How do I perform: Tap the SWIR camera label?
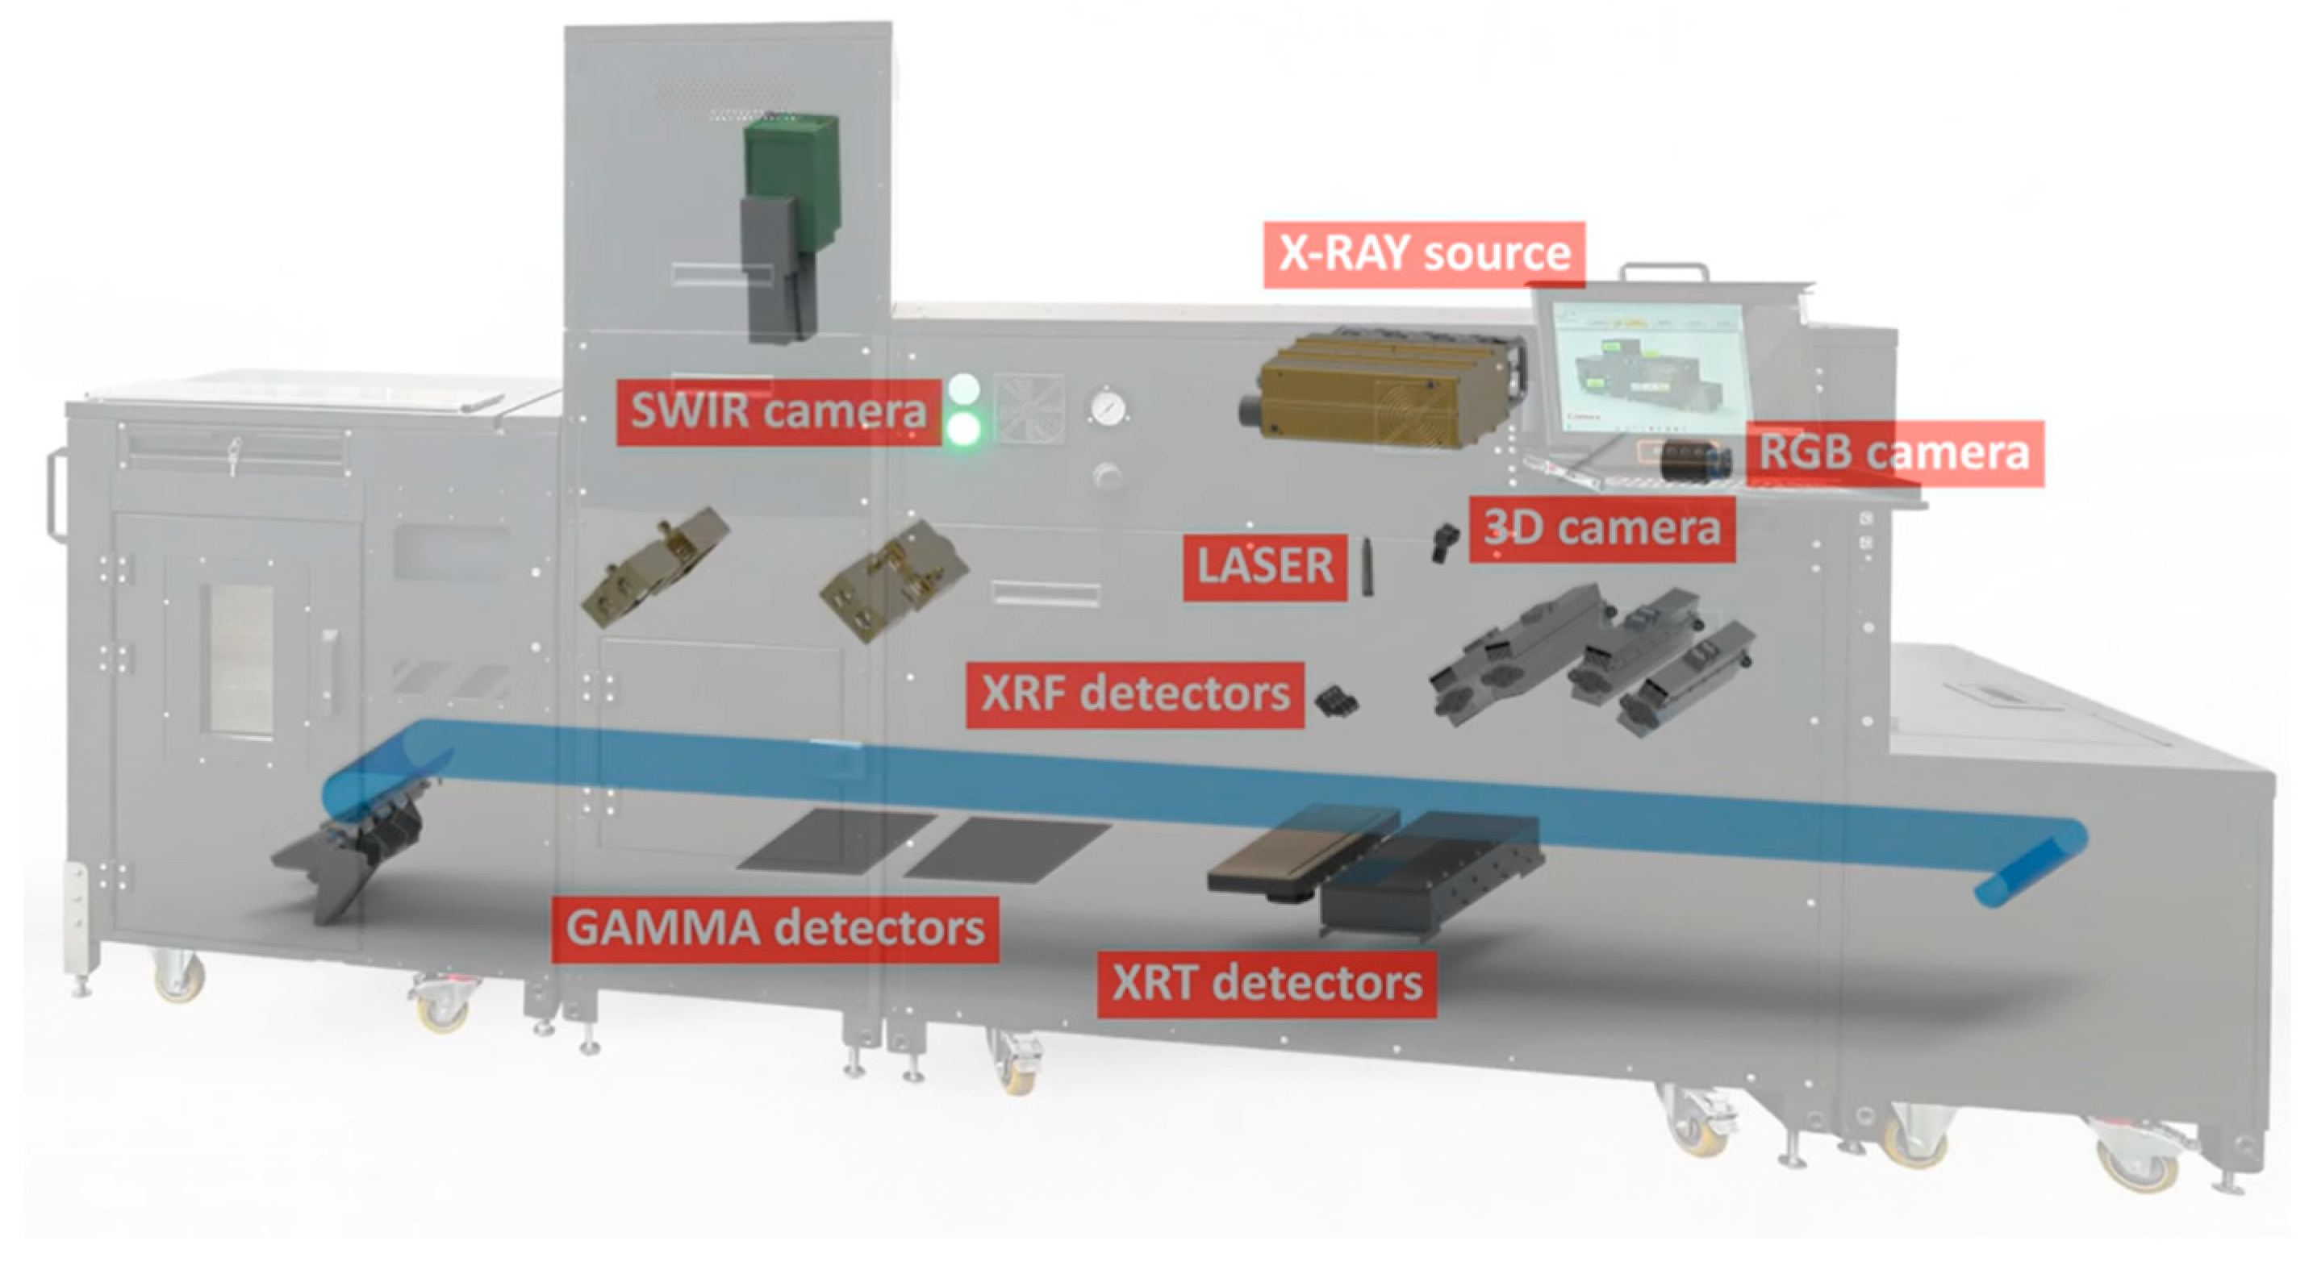click(778, 412)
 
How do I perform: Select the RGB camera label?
click(1893, 453)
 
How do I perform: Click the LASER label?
click(1264, 567)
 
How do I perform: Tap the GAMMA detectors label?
click(774, 929)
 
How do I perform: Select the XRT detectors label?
click(1266, 985)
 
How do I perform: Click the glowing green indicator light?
click(963, 429)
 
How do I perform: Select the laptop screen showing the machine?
click(1652, 368)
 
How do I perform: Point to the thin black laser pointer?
click(1367, 567)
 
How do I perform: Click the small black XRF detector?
click(1337, 699)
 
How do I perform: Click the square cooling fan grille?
click(1028, 408)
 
